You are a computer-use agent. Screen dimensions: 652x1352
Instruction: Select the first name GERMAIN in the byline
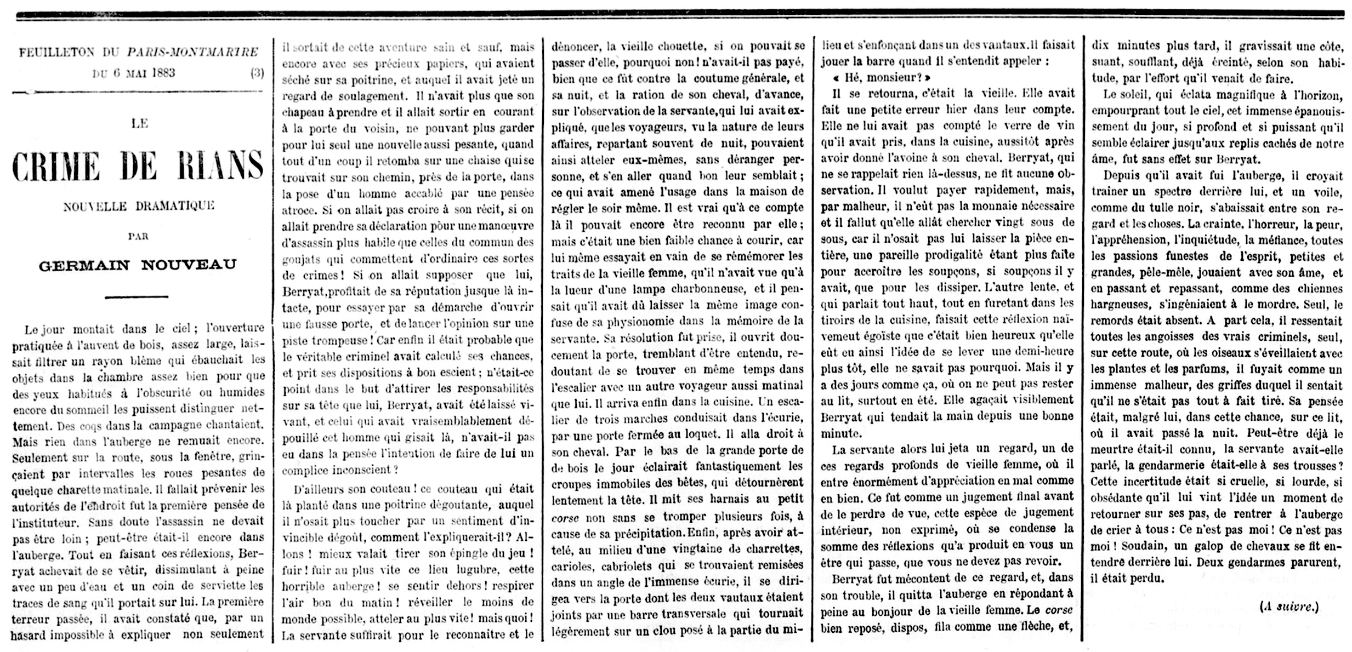[84, 265]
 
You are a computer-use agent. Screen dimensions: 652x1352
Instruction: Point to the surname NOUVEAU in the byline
[189, 265]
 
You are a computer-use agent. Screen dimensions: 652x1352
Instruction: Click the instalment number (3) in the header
[257, 73]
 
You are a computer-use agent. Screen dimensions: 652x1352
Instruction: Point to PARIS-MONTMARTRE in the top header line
[192, 53]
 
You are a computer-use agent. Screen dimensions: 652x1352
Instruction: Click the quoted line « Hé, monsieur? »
[881, 78]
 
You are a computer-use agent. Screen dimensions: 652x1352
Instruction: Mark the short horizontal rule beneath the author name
[136, 296]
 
